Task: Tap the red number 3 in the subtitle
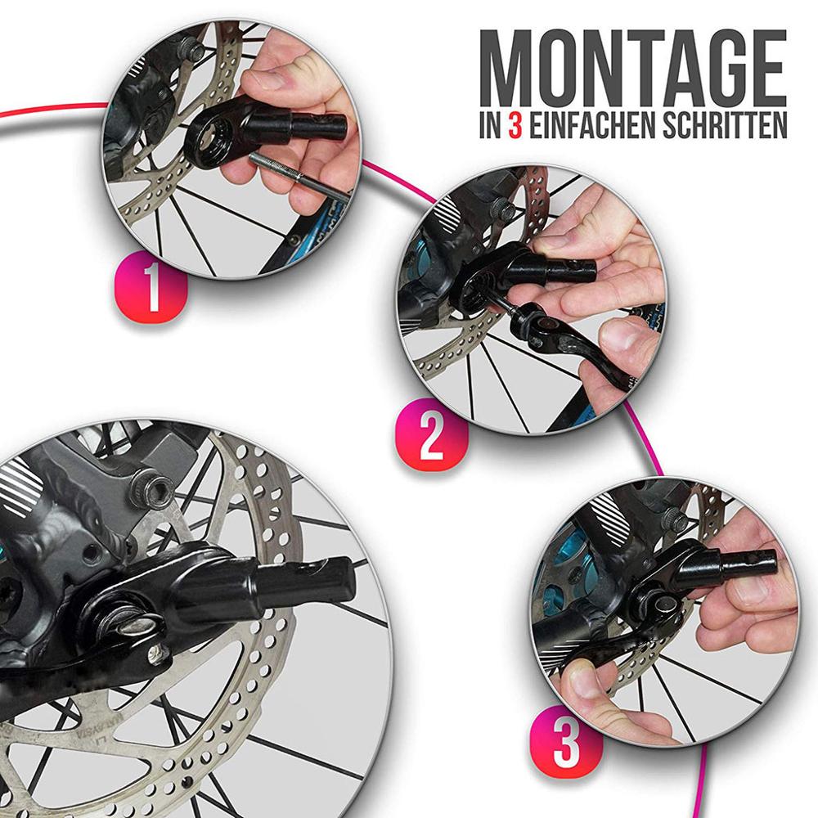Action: click(514, 126)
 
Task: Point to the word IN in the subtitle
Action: click(489, 126)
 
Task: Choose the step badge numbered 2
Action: click(431, 440)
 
